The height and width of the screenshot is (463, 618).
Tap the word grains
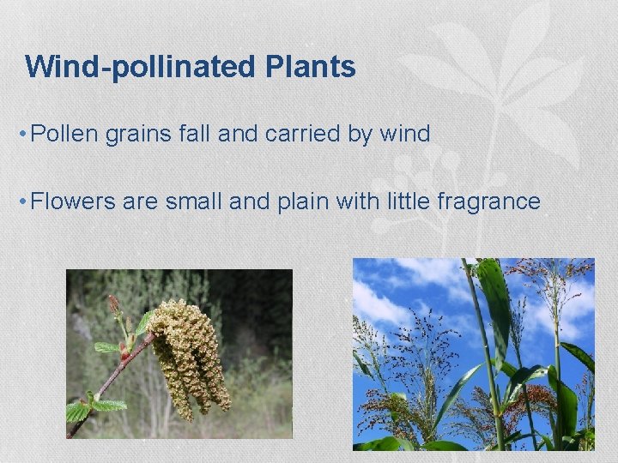click(x=136, y=134)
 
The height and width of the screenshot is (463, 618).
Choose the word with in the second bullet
click(x=363, y=201)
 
